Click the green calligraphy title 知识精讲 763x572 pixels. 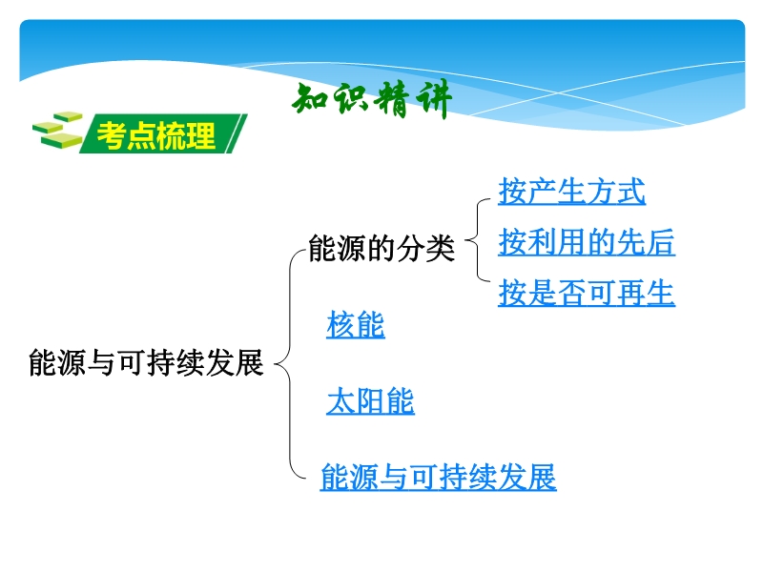[x=372, y=99]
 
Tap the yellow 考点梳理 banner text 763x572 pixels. [x=156, y=135]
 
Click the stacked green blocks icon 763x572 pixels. [x=57, y=130]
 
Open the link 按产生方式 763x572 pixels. [x=571, y=192]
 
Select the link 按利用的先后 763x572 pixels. [x=587, y=242]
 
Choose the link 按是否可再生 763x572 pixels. [x=587, y=293]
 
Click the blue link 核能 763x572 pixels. [x=356, y=324]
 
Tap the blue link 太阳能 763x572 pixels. [x=370, y=401]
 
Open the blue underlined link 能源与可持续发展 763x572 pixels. [x=438, y=477]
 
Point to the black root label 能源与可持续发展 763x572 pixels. [x=146, y=362]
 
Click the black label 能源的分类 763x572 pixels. [x=381, y=248]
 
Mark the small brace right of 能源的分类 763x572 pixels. [x=477, y=240]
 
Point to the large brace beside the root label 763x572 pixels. [x=291, y=363]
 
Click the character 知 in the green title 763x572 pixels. [x=311, y=99]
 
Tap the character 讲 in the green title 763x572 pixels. [x=434, y=99]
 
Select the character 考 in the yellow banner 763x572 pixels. [x=112, y=135]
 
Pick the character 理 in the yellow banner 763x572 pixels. [x=200, y=135]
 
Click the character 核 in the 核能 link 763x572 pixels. [x=341, y=324]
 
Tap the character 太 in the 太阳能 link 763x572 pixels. [x=341, y=401]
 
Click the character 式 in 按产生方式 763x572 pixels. [x=631, y=192]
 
